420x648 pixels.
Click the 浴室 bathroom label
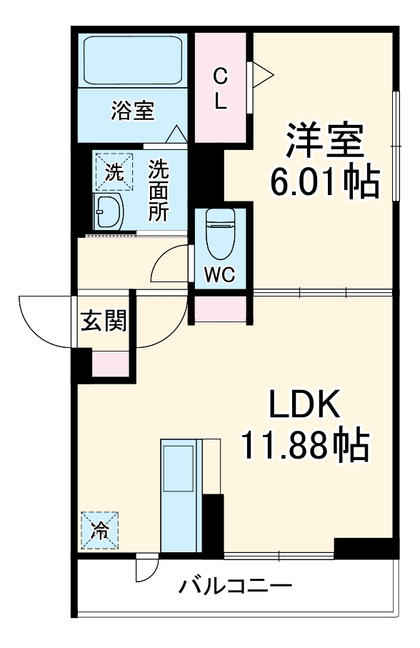[133, 111]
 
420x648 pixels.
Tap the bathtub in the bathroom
[133, 61]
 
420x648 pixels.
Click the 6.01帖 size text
[324, 183]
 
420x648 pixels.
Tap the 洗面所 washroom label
[158, 191]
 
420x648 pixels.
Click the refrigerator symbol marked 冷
[100, 531]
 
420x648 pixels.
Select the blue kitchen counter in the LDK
[178, 494]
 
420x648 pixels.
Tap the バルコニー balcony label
[235, 587]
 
